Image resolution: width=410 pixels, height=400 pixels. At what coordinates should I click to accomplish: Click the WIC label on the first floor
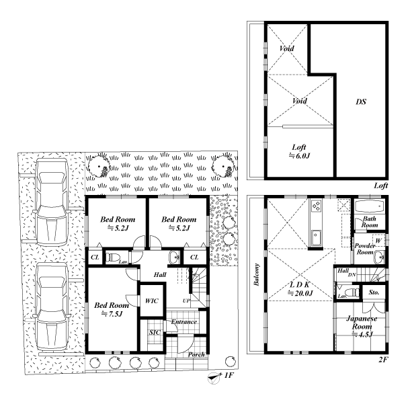point(152,301)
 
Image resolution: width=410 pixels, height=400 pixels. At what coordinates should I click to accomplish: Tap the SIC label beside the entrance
point(155,332)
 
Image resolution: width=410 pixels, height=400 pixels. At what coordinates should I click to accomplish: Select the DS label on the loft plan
point(361,102)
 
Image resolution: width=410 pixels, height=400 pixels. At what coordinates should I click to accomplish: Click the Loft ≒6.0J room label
point(299,151)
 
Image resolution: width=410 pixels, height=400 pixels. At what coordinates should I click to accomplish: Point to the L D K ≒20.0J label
point(300,289)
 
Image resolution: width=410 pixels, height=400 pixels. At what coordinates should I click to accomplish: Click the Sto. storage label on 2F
point(374,292)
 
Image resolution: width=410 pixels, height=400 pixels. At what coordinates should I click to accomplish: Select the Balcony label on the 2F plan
point(257,274)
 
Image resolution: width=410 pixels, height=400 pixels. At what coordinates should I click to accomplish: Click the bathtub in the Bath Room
point(370,206)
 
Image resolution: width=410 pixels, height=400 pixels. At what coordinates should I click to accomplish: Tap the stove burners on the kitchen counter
point(317,205)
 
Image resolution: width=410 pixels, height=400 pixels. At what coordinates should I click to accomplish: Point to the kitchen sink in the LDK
point(317,237)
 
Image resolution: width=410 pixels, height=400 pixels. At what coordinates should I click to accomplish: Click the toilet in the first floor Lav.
point(113,257)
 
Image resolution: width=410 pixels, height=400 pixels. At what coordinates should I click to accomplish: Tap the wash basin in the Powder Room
point(379,257)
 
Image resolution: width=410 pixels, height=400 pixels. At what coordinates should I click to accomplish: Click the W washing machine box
point(378,241)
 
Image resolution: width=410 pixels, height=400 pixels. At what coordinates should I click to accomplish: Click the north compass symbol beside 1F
point(214,378)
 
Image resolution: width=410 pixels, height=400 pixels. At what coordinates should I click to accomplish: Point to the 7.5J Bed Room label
point(112,309)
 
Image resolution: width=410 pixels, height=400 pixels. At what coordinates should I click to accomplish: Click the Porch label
point(196,354)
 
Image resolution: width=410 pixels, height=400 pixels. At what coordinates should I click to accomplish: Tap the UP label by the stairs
point(186,301)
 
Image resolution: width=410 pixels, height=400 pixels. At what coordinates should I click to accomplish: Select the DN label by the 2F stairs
point(352,275)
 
